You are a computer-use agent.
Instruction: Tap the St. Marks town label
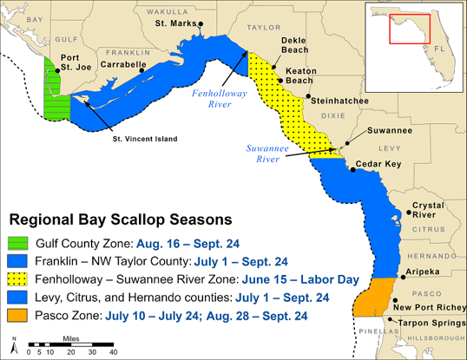pyautogui.click(x=174, y=23)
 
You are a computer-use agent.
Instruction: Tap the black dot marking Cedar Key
pyautogui.click(x=353, y=169)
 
